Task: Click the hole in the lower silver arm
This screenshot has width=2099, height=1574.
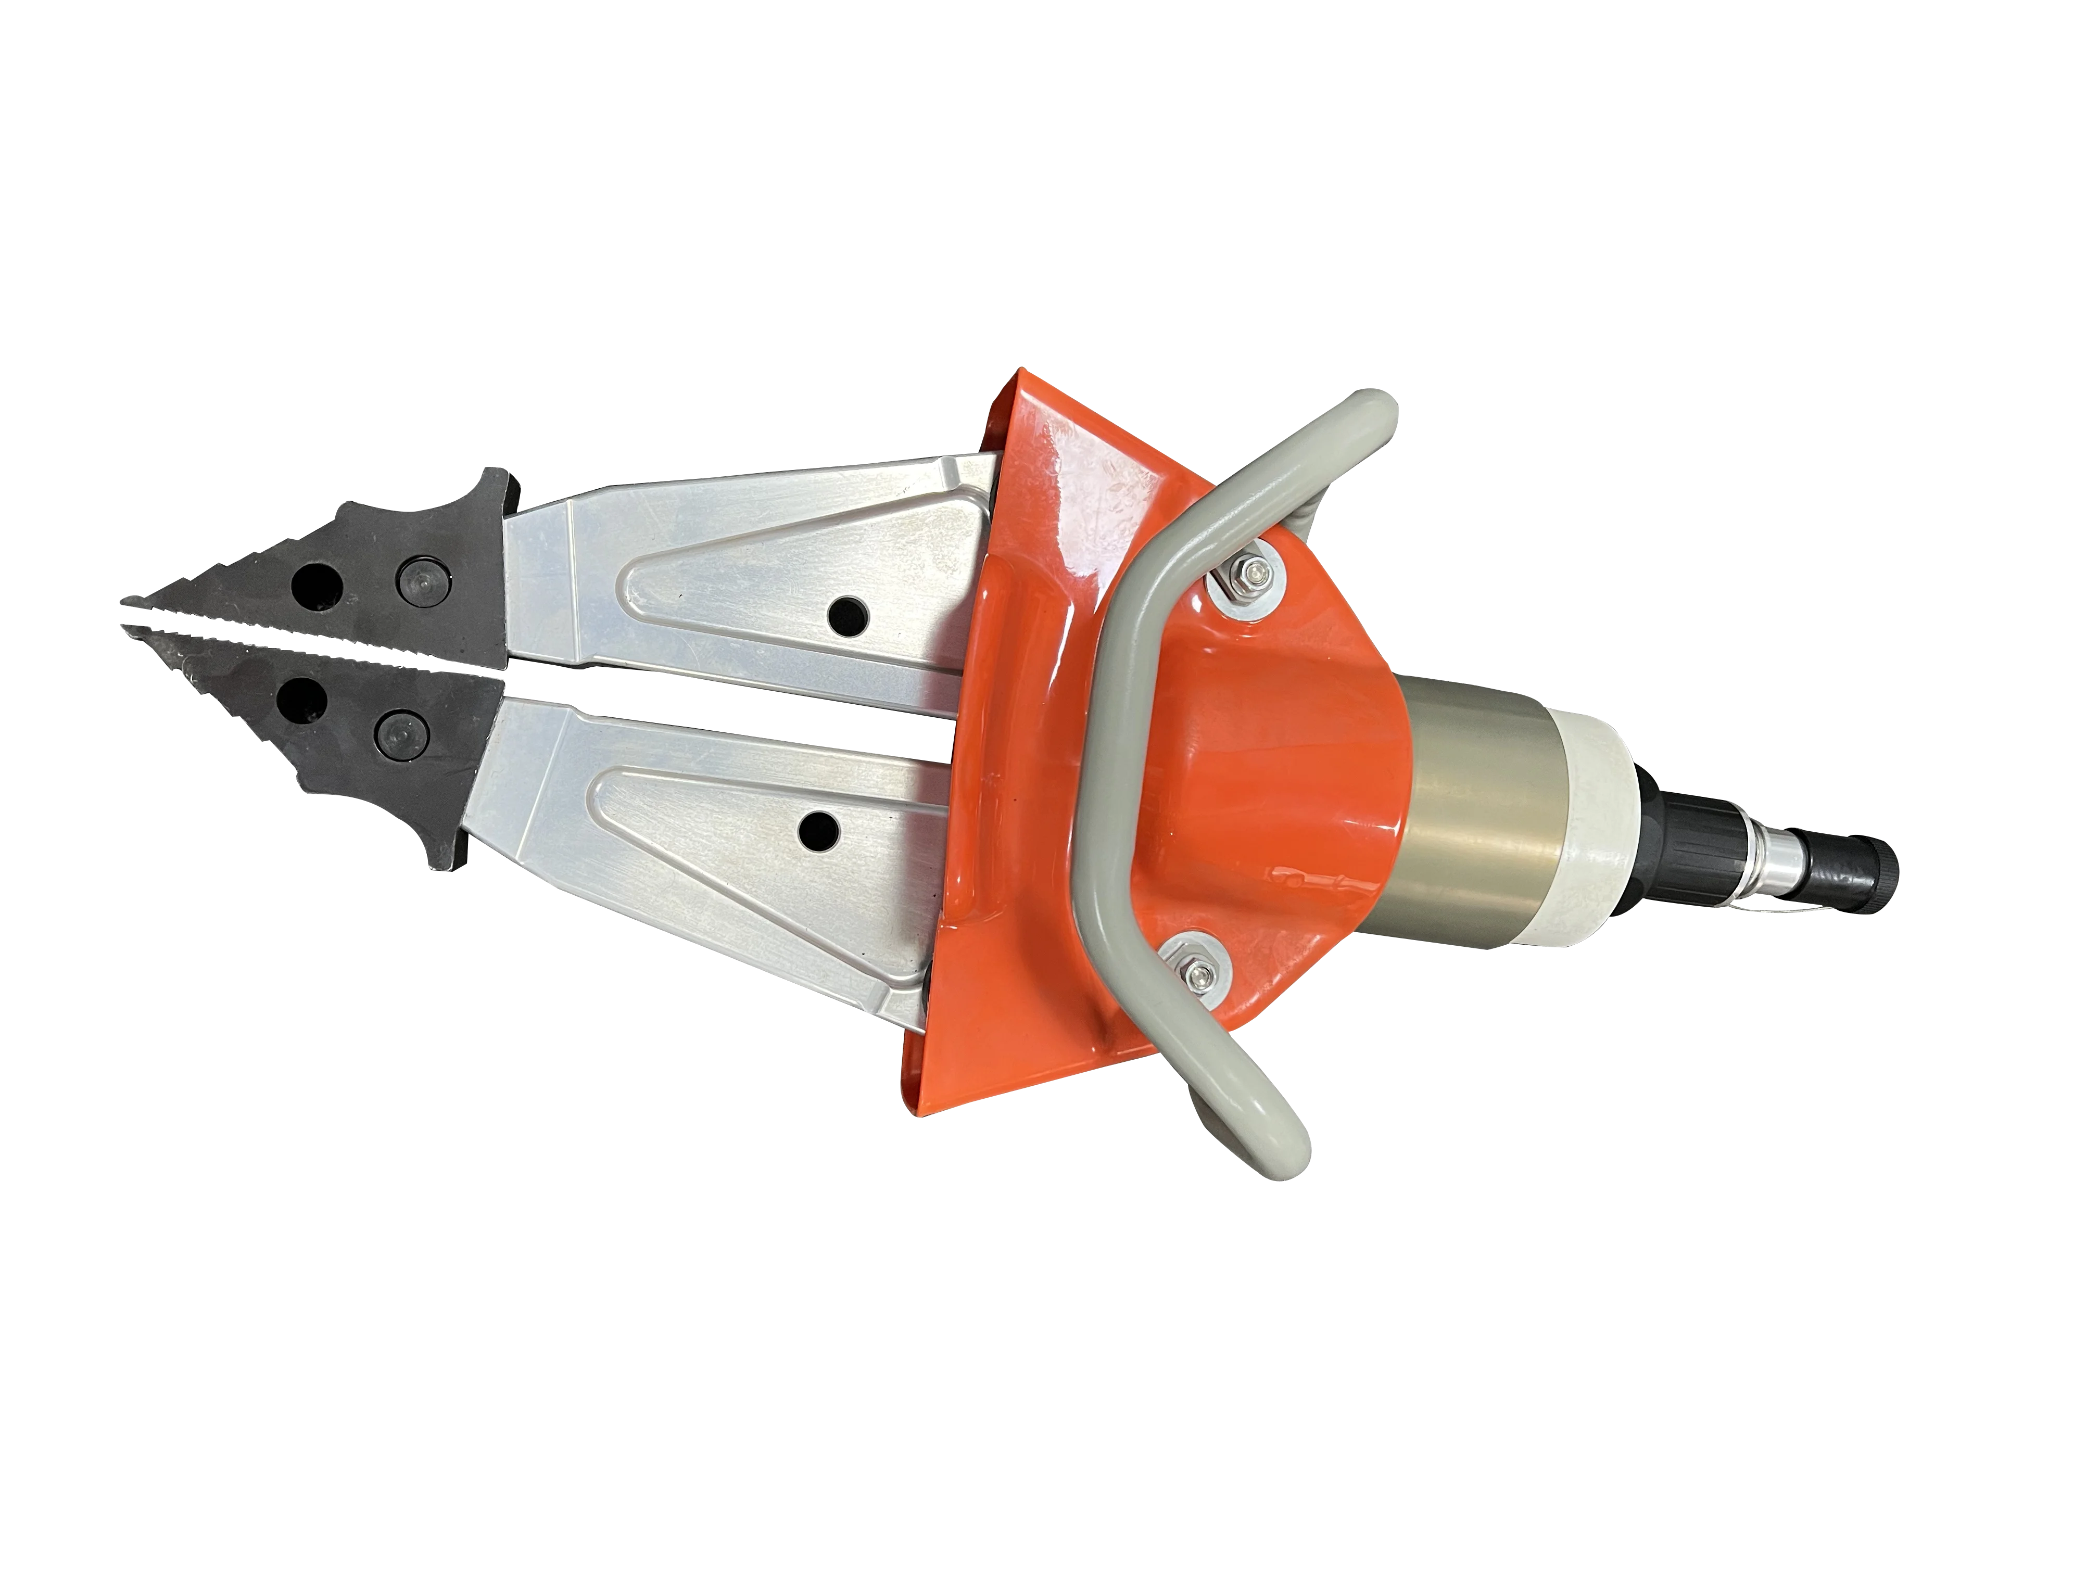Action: [818, 831]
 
